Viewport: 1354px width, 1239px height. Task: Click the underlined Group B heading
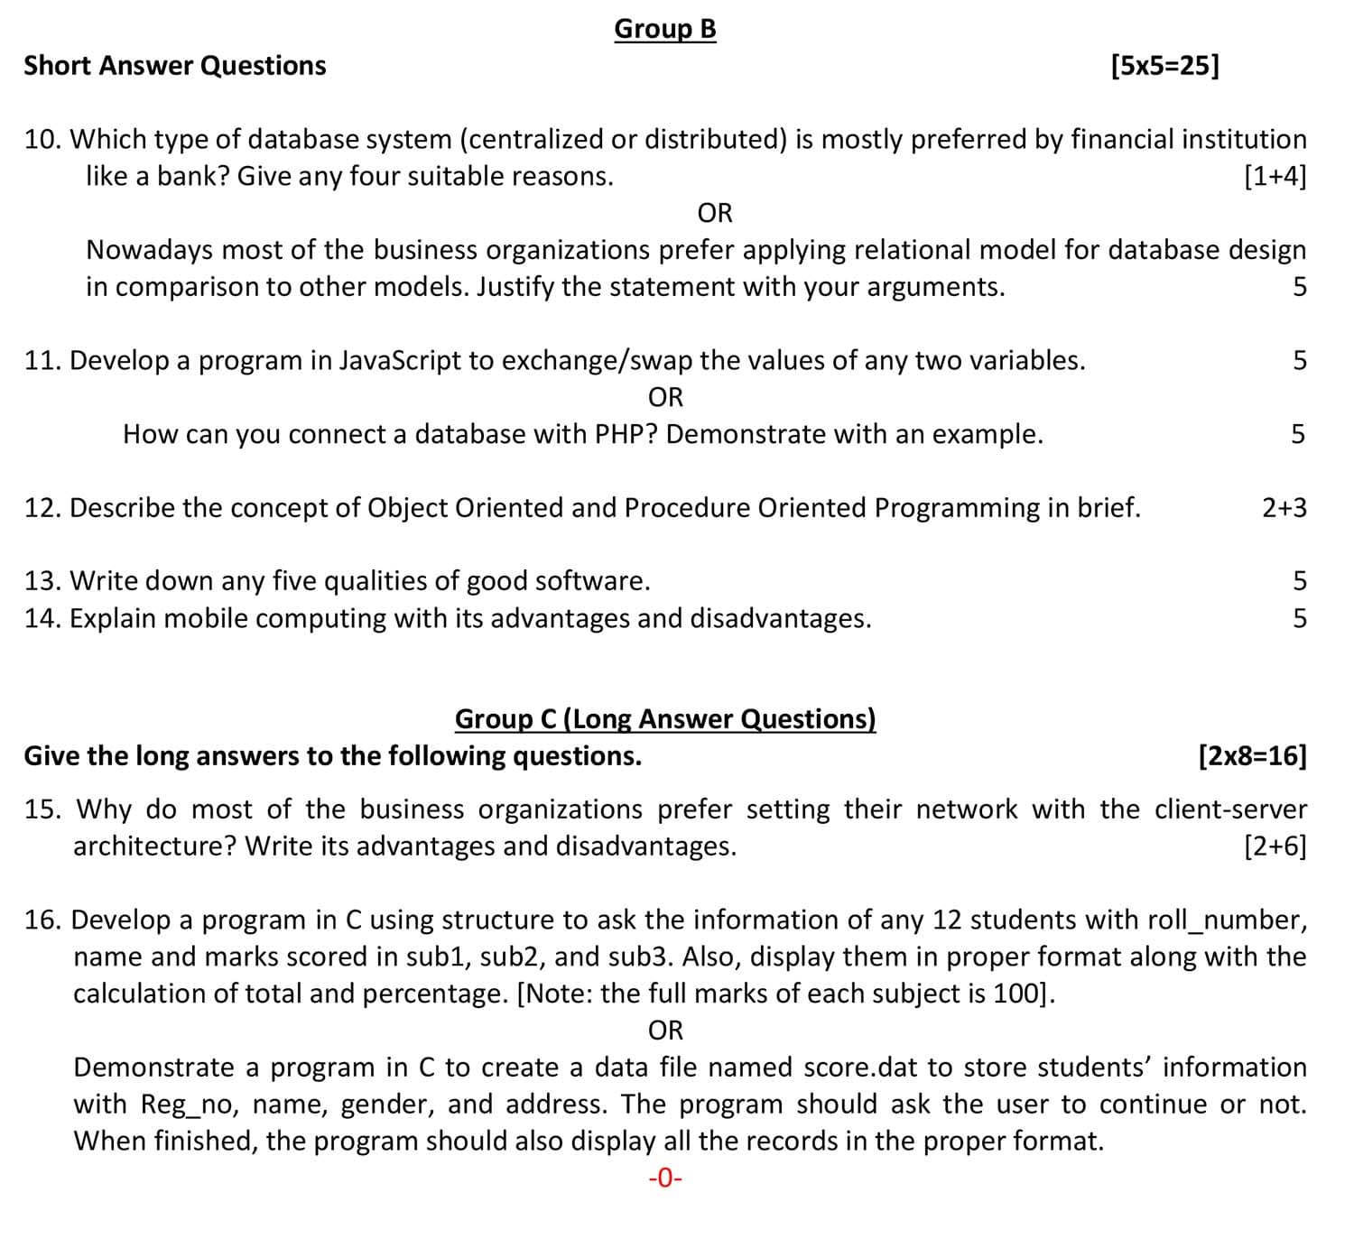[665, 29]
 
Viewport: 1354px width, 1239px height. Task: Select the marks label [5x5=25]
[1164, 66]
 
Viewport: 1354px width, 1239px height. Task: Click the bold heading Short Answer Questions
[175, 66]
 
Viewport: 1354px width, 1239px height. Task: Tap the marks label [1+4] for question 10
[1274, 176]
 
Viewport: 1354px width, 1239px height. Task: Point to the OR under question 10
[715, 213]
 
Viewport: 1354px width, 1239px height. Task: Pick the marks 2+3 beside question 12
[1284, 508]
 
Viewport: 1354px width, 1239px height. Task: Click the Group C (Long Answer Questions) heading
[665, 718]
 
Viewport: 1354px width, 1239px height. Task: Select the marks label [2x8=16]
[1251, 755]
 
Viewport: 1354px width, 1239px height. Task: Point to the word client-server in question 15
[1230, 809]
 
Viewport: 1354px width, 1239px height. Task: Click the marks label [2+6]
[1274, 846]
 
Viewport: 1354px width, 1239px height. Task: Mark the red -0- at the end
[665, 1179]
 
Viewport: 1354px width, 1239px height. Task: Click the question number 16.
[42, 920]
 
